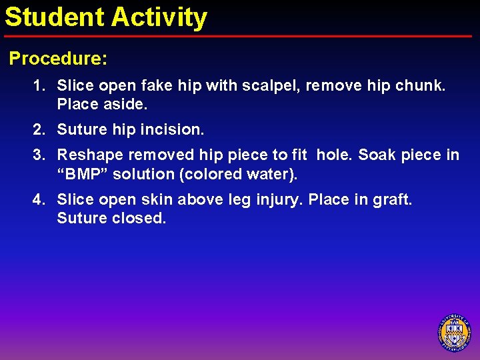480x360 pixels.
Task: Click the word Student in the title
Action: coord(55,17)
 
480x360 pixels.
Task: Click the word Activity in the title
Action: coord(159,18)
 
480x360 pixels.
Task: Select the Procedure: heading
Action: coord(58,59)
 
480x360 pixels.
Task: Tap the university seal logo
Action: coord(454,332)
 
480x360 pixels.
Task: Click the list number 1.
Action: coord(39,85)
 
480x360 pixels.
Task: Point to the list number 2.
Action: coord(39,130)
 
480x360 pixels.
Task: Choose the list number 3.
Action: coord(39,155)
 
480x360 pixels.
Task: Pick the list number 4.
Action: coord(39,199)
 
